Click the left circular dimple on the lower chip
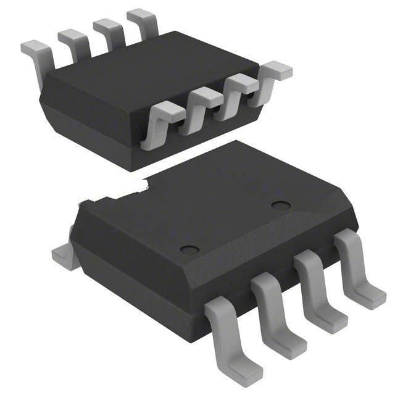(189, 249)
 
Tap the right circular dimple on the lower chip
(281, 205)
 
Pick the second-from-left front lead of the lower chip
(275, 312)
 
